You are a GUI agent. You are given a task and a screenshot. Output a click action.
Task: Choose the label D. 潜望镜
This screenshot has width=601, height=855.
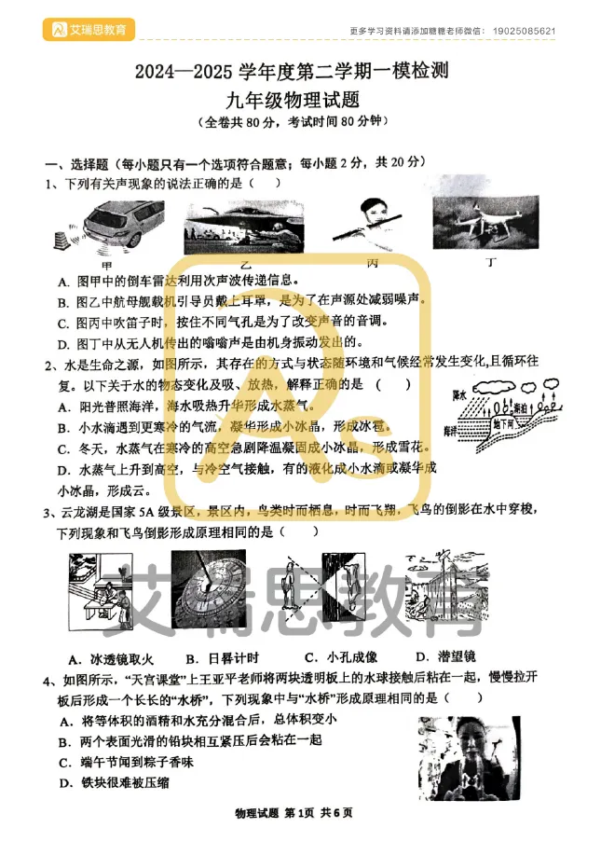(x=445, y=657)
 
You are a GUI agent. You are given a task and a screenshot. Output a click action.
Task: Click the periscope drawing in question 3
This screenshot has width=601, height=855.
(x=445, y=592)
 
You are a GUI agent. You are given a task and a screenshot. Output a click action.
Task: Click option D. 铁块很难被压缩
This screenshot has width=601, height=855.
(x=114, y=782)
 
